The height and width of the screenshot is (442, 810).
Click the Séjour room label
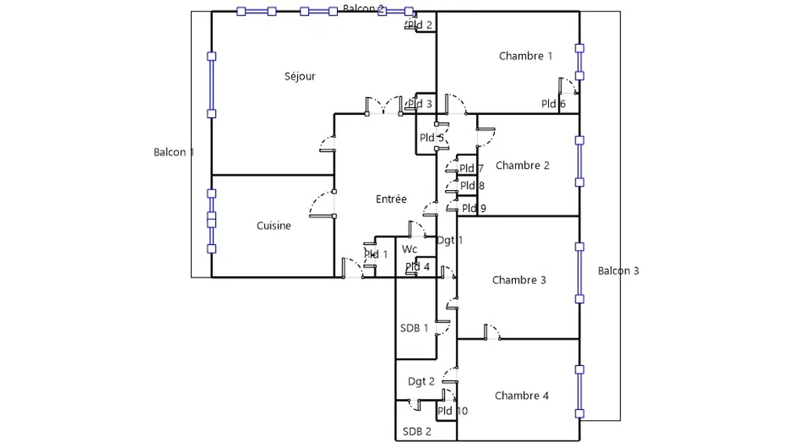[300, 77]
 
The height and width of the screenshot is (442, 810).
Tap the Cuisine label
[274, 226]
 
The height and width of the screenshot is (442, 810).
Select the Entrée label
[391, 199]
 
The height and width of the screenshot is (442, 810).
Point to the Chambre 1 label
[525, 56]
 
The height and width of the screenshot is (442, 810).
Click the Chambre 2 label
[522, 166]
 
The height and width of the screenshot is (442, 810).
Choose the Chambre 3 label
[519, 280]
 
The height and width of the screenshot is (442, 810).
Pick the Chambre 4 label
[521, 396]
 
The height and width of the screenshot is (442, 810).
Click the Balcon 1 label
[174, 153]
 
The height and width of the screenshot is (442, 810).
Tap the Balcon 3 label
[618, 271]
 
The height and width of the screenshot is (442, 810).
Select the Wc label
[410, 250]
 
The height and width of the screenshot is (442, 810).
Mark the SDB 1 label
[414, 329]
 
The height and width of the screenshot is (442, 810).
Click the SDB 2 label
[417, 432]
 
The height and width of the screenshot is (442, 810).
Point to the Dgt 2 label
[421, 382]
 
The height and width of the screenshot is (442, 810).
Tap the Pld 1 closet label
[376, 255]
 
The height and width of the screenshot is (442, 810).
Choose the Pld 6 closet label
[554, 105]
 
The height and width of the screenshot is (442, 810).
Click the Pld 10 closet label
[453, 411]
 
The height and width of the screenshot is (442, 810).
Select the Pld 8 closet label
[472, 186]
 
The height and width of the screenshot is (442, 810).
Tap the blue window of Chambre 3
[579, 272]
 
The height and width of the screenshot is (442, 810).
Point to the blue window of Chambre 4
[579, 391]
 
